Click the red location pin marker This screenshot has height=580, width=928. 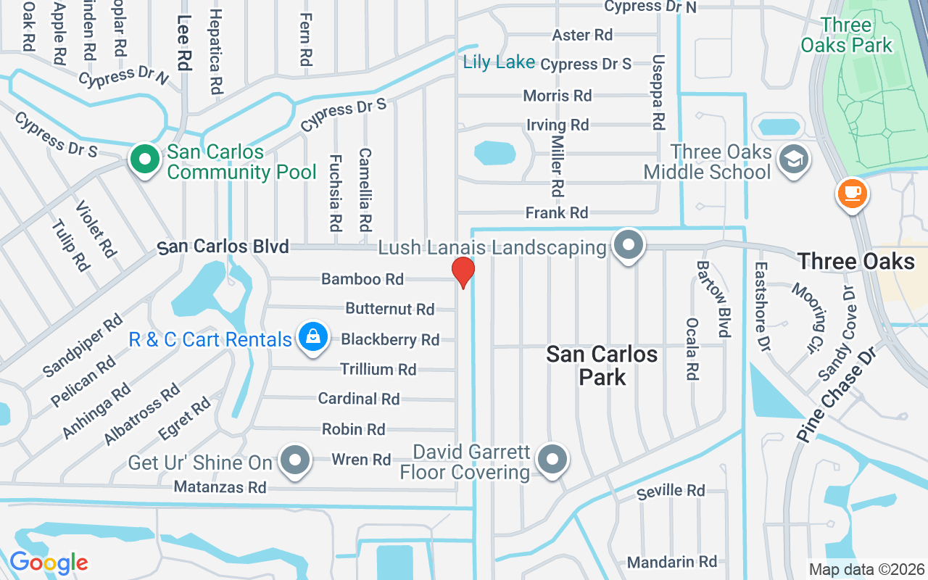tap(463, 273)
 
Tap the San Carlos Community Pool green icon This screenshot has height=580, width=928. tap(145, 159)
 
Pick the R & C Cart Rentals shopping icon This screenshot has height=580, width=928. tap(312, 339)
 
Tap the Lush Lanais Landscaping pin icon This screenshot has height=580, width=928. tap(628, 246)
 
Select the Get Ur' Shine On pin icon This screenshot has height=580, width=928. tap(295, 460)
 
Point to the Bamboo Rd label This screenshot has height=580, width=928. tap(362, 279)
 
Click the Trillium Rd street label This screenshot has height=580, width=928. tap(378, 370)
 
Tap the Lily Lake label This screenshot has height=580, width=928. tap(499, 62)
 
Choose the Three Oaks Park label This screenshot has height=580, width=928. tap(846, 35)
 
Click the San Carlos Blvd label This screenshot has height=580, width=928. tap(223, 247)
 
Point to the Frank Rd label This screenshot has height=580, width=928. tap(557, 213)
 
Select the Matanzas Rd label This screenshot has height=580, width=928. tap(220, 487)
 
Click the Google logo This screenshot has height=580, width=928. tap(49, 563)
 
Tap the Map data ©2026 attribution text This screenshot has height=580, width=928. tap(867, 569)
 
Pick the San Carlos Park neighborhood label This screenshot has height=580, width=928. tap(602, 365)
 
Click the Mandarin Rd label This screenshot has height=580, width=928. tap(672, 562)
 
